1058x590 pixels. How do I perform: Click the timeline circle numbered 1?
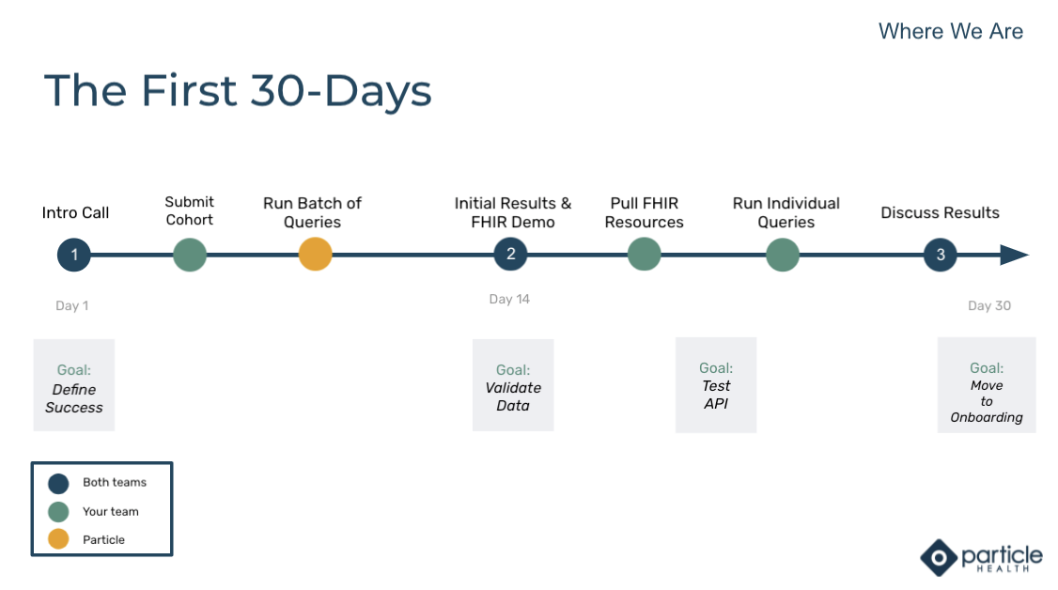tap(74, 255)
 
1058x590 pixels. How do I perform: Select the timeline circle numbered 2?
tap(511, 255)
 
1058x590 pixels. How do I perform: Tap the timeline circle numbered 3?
tap(941, 255)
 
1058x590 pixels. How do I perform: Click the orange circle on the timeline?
tap(315, 255)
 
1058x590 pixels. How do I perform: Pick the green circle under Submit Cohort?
tap(190, 255)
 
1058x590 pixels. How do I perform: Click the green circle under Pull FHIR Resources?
tap(645, 255)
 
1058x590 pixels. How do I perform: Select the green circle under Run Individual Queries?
tap(783, 255)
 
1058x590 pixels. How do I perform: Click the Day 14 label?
tap(509, 299)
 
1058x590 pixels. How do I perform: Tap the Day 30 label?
tap(989, 305)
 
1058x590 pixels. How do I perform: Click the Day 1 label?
tap(71, 305)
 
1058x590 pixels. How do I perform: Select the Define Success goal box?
tap(74, 385)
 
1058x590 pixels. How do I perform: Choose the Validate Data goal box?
tap(513, 385)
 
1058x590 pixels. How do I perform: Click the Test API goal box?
tap(716, 385)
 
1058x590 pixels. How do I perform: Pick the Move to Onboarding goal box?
tap(987, 385)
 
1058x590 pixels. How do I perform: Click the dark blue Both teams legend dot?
tap(58, 484)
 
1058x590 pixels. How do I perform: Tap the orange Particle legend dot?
tap(58, 539)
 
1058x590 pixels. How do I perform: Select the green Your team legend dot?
tap(58, 512)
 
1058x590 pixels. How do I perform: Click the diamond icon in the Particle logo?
tap(939, 558)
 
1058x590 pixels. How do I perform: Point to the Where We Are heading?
tap(951, 31)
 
